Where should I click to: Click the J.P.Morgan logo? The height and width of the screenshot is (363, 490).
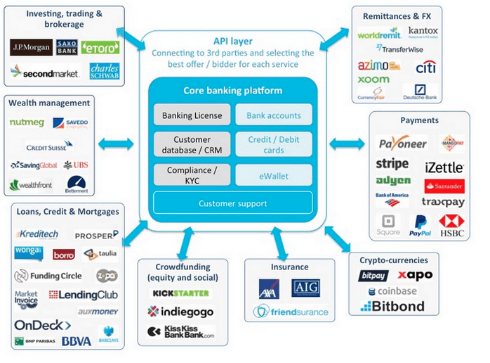(32, 48)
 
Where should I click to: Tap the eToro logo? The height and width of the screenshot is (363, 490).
(100, 47)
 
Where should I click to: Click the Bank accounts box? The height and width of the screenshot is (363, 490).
(273, 115)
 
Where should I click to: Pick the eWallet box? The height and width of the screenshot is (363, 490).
(273, 175)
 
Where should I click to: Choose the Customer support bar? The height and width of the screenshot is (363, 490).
(232, 203)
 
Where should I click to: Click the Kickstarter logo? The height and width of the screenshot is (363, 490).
(180, 293)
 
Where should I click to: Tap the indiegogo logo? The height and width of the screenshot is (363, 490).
(180, 311)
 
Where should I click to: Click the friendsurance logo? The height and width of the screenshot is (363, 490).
(291, 311)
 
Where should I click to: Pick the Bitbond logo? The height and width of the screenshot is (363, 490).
(392, 306)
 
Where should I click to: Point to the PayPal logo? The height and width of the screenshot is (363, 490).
(420, 225)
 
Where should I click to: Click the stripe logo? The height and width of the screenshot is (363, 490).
(392, 164)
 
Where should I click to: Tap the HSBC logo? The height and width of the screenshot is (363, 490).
(451, 224)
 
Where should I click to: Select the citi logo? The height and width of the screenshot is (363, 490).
(425, 68)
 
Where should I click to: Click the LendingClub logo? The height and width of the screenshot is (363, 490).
(84, 295)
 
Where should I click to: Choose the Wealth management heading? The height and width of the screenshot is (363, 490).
(49, 103)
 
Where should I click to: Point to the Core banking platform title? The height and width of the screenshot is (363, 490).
(232, 91)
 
